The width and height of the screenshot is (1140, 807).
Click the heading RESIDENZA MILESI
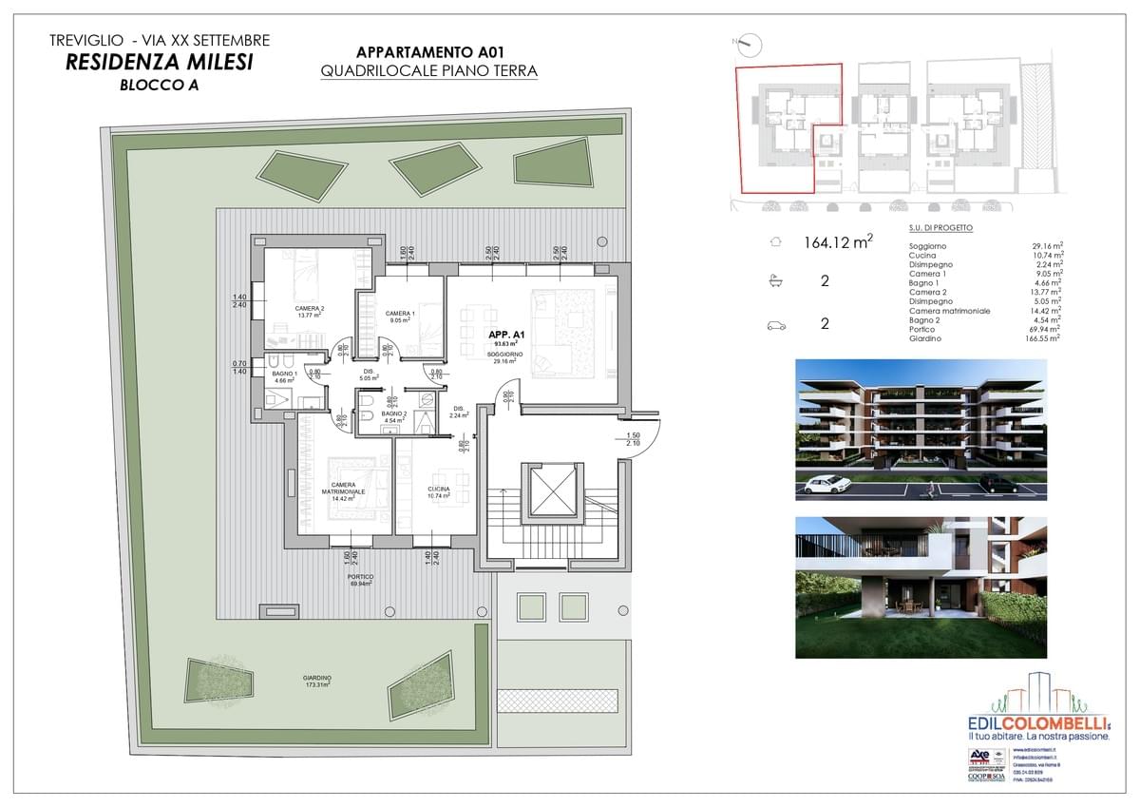[x=160, y=63]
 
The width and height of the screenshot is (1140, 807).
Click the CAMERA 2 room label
[x=309, y=311]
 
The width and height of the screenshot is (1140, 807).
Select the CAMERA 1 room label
[x=400, y=315]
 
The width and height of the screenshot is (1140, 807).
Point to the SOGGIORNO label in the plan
[x=503, y=355]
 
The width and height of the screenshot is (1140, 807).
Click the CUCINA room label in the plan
[x=438, y=490]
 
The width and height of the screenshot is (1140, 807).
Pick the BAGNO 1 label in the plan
[x=285, y=375]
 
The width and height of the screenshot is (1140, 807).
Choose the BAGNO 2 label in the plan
[x=394, y=415]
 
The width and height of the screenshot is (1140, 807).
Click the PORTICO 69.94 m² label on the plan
[x=360, y=580]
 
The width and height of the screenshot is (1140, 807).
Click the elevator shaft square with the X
[x=549, y=491]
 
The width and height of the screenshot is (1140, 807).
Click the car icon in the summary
[x=776, y=324]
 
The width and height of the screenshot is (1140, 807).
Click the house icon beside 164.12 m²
[x=776, y=242]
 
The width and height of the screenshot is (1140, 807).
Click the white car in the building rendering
[x=826, y=485]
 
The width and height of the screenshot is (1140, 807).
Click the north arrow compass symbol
[x=749, y=43]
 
